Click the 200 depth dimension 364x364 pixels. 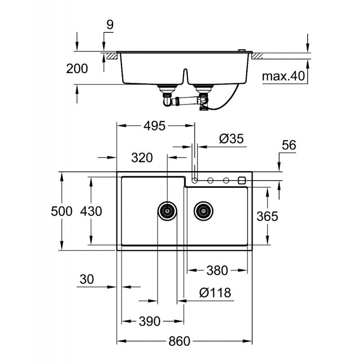point(77,69)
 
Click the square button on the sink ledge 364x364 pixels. point(241,180)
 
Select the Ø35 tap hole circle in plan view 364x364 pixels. point(195,180)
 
